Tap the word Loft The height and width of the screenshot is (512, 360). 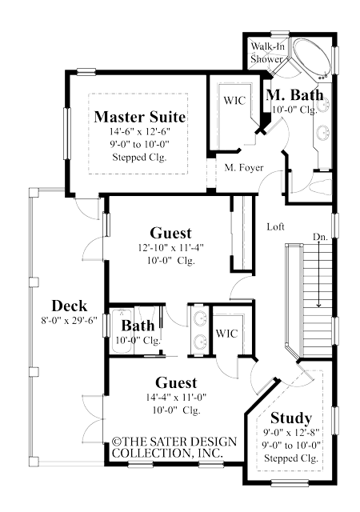[x=275, y=226]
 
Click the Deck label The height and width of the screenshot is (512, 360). [x=69, y=306]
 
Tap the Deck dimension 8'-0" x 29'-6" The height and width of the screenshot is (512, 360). [x=69, y=321]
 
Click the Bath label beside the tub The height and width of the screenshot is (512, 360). [x=138, y=326]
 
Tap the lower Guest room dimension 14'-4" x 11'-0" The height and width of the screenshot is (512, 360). [x=171, y=398]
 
